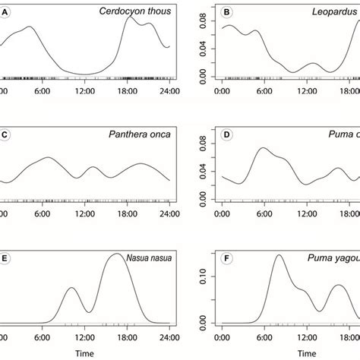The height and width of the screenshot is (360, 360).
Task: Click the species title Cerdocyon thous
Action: [134, 11]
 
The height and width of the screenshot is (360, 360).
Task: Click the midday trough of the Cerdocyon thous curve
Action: [85, 74]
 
